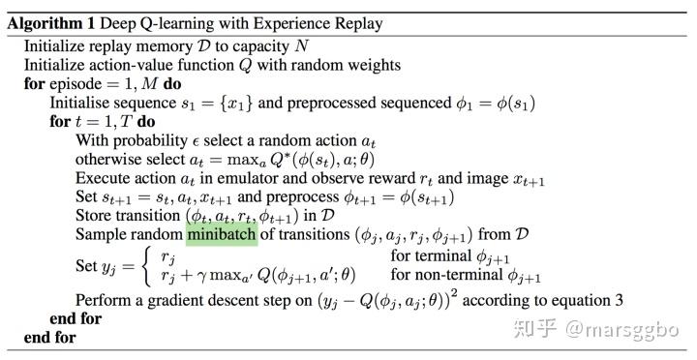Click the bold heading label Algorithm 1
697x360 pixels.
point(51,23)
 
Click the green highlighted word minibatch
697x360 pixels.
point(222,234)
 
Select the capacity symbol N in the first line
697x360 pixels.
point(301,46)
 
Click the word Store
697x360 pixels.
point(93,216)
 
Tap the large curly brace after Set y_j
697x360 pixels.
point(147,266)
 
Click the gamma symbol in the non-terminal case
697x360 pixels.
point(201,277)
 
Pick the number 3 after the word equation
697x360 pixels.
point(619,300)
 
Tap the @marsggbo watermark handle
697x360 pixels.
point(621,330)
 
